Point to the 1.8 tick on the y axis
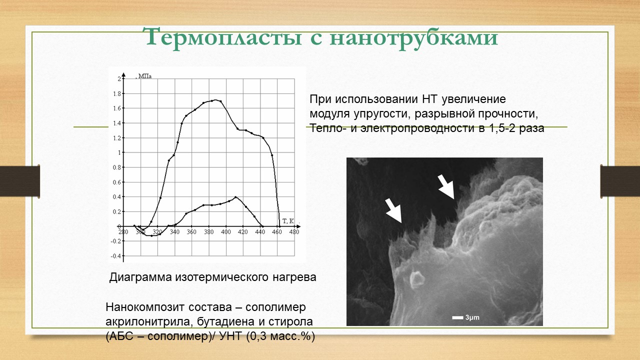[117, 93]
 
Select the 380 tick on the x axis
[208, 231]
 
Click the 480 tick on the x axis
[294, 231]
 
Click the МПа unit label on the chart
[145, 76]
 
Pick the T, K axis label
[288, 221]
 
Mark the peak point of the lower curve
[235, 197]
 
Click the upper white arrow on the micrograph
[446, 187]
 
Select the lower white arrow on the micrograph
[393, 211]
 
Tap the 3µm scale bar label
[472, 317]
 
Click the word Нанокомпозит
[145, 307]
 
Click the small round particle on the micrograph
[416, 279]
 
